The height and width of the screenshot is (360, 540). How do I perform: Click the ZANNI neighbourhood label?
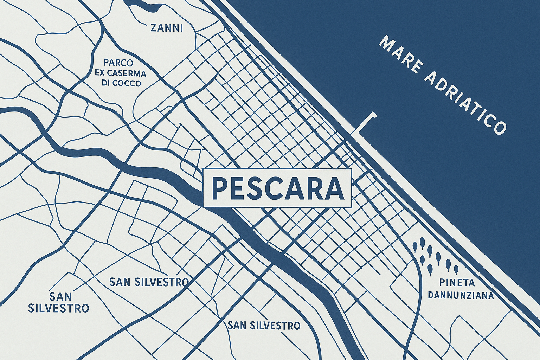[x=166, y=28]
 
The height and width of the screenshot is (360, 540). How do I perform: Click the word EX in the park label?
[x=101, y=73]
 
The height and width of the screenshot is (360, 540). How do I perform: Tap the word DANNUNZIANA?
[x=461, y=295]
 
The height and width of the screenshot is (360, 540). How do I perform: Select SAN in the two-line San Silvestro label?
[x=60, y=296]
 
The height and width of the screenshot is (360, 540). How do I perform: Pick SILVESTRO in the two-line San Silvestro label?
[x=58, y=308]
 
